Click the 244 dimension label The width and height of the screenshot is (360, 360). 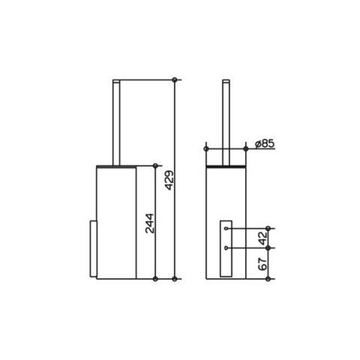click(x=149, y=223)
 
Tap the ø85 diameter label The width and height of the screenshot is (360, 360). click(x=264, y=143)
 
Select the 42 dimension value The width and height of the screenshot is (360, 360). click(x=262, y=238)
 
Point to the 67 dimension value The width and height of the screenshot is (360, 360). click(x=262, y=263)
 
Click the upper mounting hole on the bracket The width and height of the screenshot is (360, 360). click(x=226, y=228)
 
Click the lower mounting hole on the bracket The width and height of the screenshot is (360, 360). click(x=226, y=248)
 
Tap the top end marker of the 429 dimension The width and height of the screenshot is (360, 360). click(x=174, y=80)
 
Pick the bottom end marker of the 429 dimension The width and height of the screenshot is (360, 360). click(x=174, y=279)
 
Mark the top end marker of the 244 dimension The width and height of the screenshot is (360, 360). click(x=155, y=166)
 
